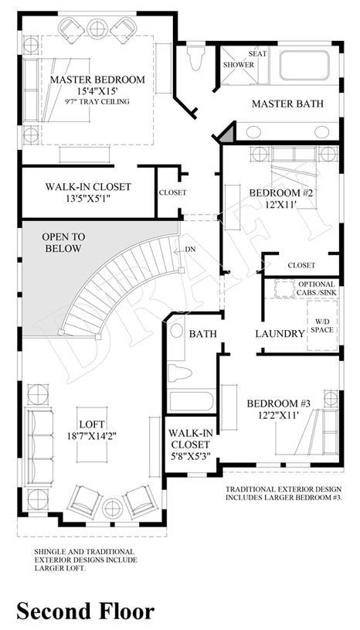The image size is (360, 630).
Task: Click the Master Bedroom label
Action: (x=97, y=80)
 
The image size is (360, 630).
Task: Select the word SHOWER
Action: (x=239, y=65)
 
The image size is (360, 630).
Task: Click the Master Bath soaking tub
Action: (x=304, y=64)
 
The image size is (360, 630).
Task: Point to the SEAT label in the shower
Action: (x=257, y=53)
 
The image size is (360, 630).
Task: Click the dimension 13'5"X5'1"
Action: (x=87, y=197)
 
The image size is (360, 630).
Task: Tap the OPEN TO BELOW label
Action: (x=63, y=243)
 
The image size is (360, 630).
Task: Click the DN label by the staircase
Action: (x=191, y=250)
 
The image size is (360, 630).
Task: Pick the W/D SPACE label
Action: (x=322, y=326)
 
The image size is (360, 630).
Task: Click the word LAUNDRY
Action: (x=280, y=333)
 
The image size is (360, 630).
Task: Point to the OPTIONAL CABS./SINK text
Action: (x=316, y=288)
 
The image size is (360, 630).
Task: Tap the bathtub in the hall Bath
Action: (x=192, y=401)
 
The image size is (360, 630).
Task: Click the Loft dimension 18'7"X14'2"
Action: (x=92, y=435)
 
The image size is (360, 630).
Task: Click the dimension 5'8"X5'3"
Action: (x=190, y=455)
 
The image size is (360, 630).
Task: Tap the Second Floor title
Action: (x=86, y=611)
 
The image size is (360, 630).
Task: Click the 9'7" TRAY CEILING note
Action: (x=97, y=102)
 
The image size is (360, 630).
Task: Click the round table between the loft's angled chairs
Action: (x=112, y=509)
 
